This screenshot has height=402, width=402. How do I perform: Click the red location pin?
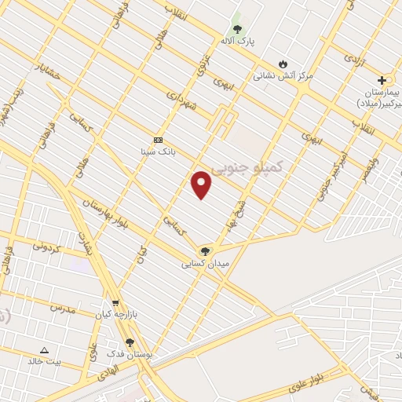201,185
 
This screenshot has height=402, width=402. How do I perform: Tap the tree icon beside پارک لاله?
237,29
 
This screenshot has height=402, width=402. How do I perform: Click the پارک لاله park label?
237,41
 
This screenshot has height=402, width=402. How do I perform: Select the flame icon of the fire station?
283,64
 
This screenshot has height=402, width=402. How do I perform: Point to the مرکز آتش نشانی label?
283,76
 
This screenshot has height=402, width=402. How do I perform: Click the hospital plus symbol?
382,80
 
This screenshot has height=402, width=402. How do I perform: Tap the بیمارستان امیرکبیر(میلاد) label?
379,97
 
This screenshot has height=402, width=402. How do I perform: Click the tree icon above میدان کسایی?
205,251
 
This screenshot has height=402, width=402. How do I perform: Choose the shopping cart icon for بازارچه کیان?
115,302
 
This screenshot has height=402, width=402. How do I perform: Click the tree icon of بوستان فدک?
130,342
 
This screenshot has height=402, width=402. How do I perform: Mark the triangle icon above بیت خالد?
44,350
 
